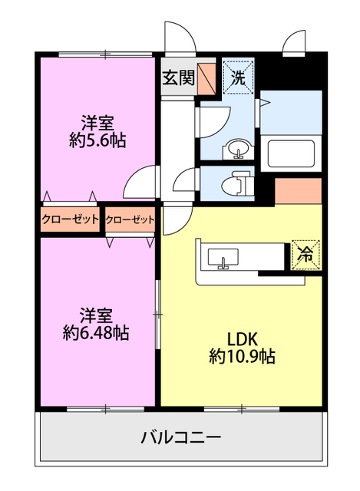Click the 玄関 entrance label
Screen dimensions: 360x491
click(179, 77)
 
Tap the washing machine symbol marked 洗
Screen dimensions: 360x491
click(238, 77)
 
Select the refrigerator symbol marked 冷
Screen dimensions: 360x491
click(306, 255)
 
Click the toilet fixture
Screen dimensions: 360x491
click(237, 183)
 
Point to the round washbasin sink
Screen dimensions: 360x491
click(238, 148)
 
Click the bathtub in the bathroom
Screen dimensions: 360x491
click(292, 153)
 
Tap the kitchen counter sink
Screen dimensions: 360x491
click(223, 259)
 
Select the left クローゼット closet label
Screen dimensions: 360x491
click(71, 219)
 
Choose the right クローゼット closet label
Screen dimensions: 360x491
click(130, 220)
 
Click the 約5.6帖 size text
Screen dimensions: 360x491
click(97, 141)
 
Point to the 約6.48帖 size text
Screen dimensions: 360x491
click(95, 334)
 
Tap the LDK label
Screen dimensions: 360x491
click(242, 339)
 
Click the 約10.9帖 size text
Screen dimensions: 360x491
click(242, 356)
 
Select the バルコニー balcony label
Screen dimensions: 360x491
click(181, 437)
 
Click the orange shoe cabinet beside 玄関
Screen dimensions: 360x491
click(206, 78)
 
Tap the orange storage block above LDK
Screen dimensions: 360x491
click(299, 191)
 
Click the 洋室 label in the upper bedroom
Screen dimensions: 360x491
click(97, 123)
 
